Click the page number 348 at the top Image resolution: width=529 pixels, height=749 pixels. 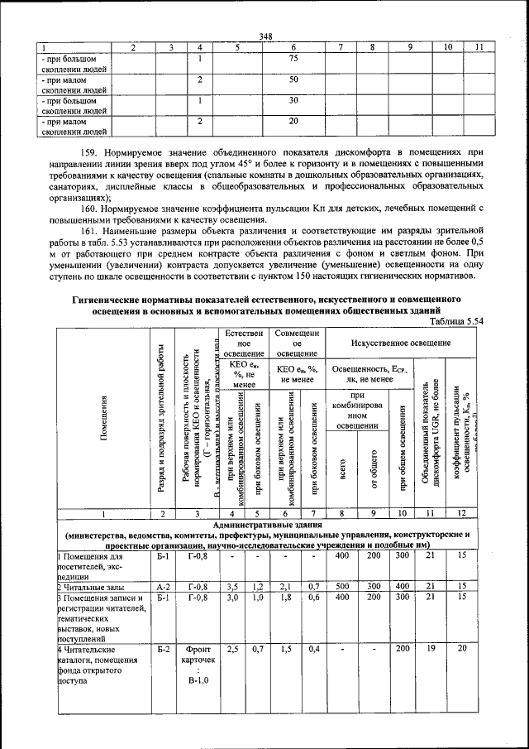point(265,35)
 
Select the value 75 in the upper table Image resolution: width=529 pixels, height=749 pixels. point(293,60)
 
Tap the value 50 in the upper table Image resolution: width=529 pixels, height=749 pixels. point(293,80)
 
